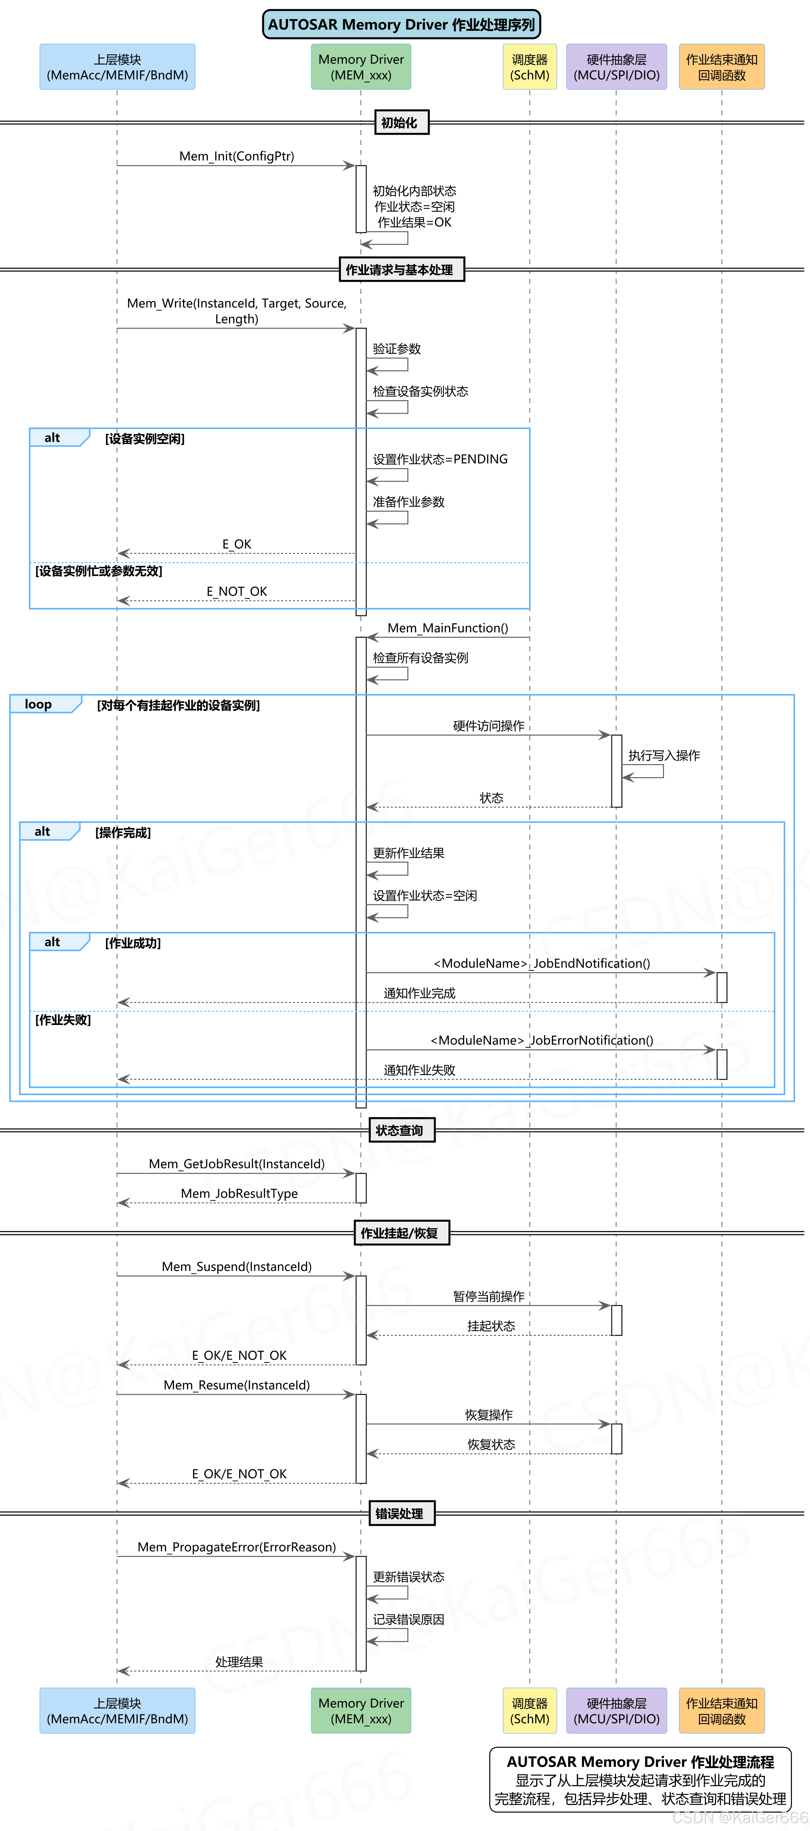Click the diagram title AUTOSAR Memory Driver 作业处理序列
[401, 24]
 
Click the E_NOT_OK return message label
[237, 591]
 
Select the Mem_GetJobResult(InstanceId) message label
[237, 1164]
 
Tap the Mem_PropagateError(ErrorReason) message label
[237, 1547]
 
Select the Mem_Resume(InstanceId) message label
[237, 1385]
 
